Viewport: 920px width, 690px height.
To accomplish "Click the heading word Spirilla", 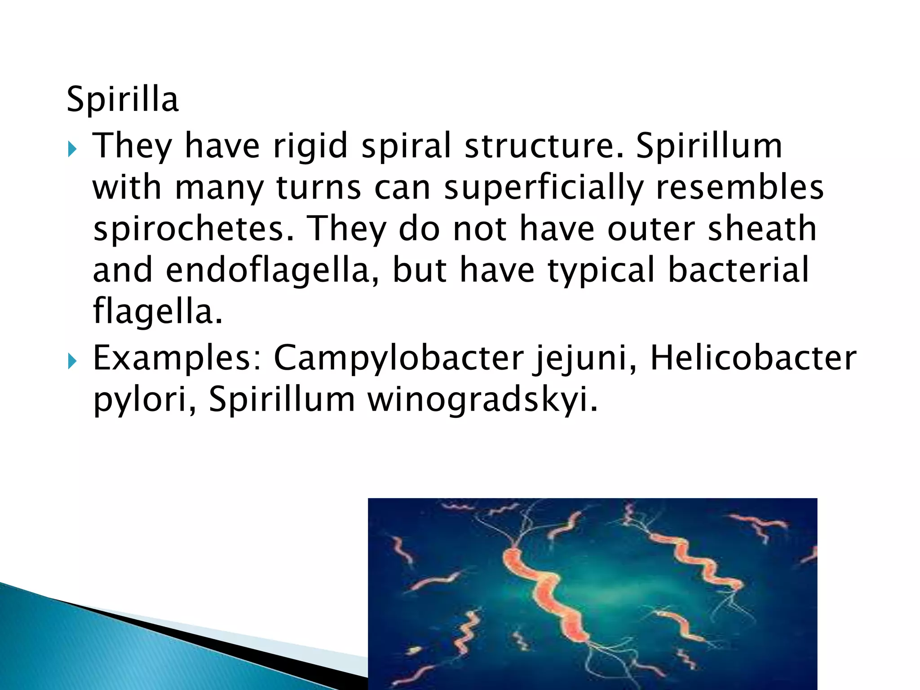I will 123,100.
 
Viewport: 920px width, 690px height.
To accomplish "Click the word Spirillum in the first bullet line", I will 709,146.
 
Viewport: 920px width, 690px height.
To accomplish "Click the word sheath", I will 762,229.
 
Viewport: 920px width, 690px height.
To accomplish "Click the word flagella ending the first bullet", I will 157,311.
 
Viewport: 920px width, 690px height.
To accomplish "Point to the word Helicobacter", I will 753,358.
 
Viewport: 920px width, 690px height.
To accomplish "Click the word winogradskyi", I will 483,399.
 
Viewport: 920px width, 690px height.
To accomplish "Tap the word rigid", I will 310,146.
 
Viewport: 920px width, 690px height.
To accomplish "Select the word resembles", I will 739,187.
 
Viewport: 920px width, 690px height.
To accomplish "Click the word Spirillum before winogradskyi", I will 282,399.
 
